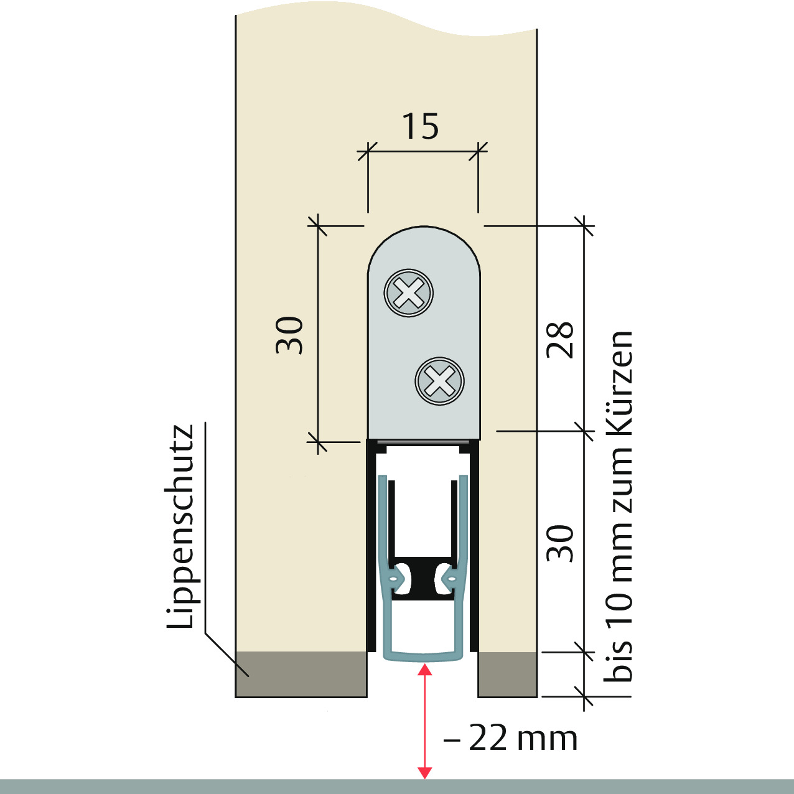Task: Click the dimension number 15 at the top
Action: tap(420, 126)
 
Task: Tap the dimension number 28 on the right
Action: tap(560, 340)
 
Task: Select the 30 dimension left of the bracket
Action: tap(289, 335)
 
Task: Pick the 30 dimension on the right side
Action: tap(560, 544)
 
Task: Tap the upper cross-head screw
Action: tap(408, 293)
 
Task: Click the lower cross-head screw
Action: tap(440, 381)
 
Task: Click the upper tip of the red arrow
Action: tap(425, 665)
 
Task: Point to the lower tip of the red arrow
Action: tap(425, 778)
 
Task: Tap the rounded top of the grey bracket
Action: tap(424, 239)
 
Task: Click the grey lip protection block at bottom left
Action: tap(301, 674)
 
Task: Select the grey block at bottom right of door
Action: tap(508, 674)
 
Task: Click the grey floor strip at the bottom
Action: tap(397, 786)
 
